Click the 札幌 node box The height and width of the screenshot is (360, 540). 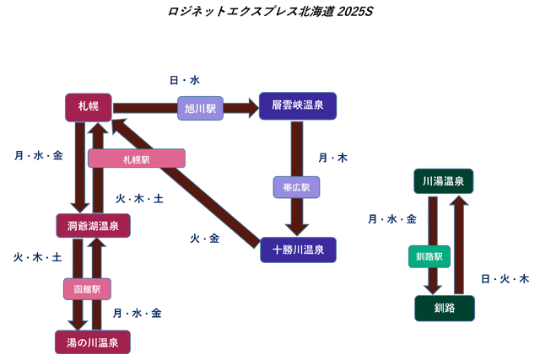click(x=88, y=106)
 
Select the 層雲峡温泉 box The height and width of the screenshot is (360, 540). click(x=298, y=106)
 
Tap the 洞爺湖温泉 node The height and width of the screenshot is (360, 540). click(x=93, y=225)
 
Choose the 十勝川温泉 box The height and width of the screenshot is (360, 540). click(x=298, y=250)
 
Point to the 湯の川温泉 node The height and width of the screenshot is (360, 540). click(x=93, y=342)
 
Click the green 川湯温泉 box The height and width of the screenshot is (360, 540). click(x=444, y=182)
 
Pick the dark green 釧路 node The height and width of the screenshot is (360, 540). click(x=444, y=308)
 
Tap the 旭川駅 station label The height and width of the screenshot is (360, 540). click(x=200, y=108)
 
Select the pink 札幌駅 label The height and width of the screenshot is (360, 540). click(x=136, y=159)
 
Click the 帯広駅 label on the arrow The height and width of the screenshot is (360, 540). click(x=297, y=186)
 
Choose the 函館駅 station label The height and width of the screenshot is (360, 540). click(x=87, y=288)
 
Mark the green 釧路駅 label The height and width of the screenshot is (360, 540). click(x=430, y=255)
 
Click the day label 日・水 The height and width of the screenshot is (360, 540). click(x=184, y=80)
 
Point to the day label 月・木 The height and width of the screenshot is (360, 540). click(x=332, y=158)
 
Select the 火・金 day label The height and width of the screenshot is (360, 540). click(x=204, y=239)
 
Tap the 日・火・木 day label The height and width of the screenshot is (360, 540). click(x=505, y=278)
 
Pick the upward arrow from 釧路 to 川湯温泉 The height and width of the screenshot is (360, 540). click(x=459, y=244)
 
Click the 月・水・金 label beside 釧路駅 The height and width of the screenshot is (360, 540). click(x=391, y=219)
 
